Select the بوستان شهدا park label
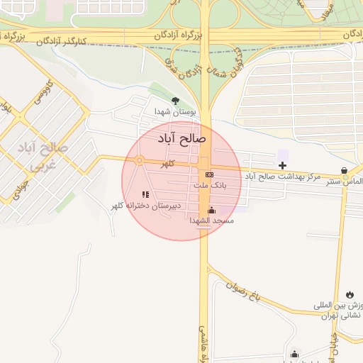(x=176, y=112)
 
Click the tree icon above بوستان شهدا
(x=176, y=101)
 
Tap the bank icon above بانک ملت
(x=209, y=174)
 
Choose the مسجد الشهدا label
(x=211, y=220)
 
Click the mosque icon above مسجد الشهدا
(x=211, y=210)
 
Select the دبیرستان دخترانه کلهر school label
(x=145, y=206)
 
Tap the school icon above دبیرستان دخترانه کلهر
(x=145, y=194)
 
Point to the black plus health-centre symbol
(x=282, y=165)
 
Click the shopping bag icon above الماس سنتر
(x=345, y=171)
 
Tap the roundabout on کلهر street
(x=140, y=160)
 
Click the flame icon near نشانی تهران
(x=350, y=294)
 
